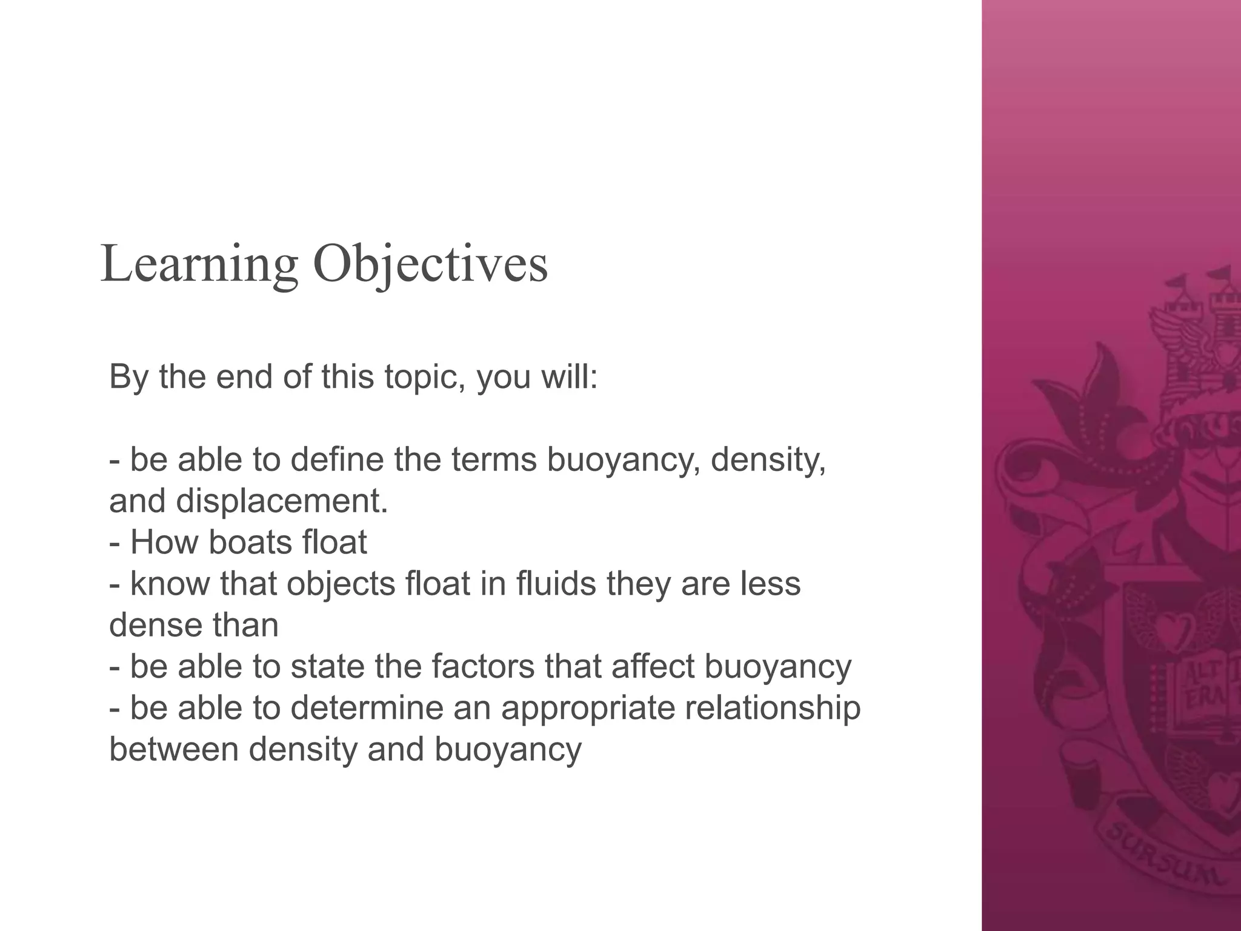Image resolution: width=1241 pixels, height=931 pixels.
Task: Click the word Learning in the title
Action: point(199,264)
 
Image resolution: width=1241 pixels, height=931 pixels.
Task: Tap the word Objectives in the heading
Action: point(430,264)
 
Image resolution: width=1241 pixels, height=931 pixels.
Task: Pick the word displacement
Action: point(281,501)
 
